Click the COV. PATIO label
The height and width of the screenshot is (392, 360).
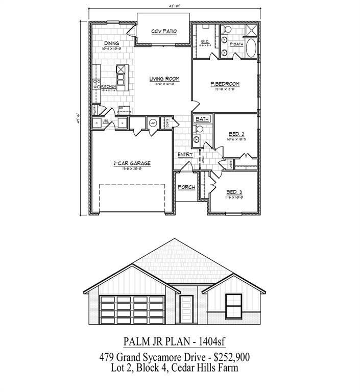click(x=164, y=32)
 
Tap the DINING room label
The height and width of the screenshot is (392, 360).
click(x=112, y=43)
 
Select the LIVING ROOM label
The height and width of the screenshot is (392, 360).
click(x=164, y=79)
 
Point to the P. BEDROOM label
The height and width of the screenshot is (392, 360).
click(x=225, y=84)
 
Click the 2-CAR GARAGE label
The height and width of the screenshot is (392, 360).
click(x=132, y=163)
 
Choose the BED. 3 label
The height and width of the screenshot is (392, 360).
click(x=234, y=192)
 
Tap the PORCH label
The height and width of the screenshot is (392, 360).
click(x=186, y=187)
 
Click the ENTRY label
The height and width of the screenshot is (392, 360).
click(x=184, y=155)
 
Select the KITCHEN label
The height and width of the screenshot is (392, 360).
click(x=108, y=87)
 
